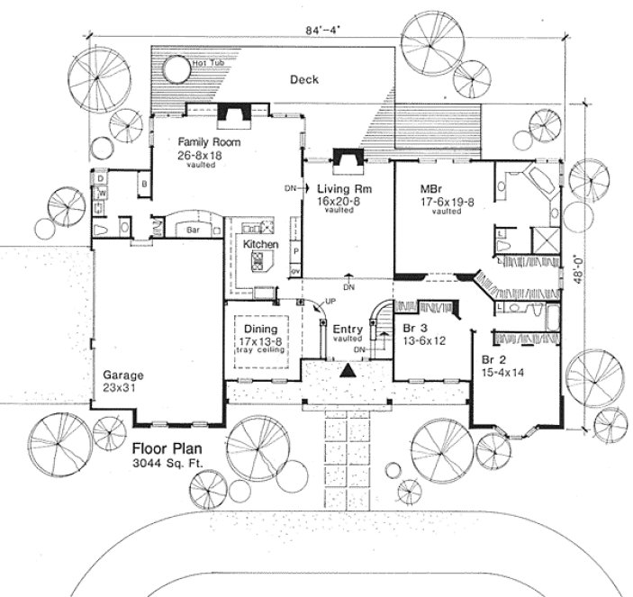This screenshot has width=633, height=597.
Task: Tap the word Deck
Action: [304, 80]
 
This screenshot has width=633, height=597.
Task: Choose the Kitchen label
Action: [260, 245]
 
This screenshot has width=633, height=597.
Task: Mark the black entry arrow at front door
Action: [346, 370]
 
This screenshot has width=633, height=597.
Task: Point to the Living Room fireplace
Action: [347, 158]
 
